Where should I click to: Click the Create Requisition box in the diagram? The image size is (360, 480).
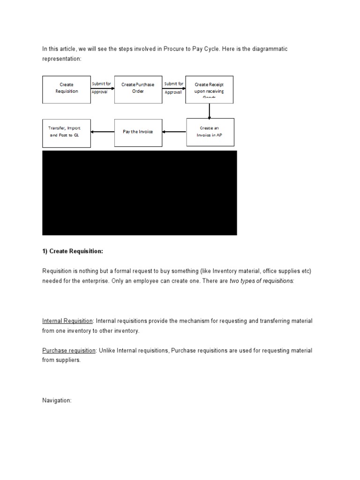[x=67, y=89]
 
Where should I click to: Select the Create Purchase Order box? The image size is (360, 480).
[x=138, y=89]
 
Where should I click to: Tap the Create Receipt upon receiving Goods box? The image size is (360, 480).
[x=209, y=89]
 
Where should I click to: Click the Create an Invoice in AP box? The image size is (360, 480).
[x=210, y=132]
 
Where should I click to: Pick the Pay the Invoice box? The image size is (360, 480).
[x=138, y=132]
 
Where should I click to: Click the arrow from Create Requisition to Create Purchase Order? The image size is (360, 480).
[x=102, y=88]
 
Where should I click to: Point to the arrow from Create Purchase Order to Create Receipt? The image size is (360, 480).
[x=174, y=88]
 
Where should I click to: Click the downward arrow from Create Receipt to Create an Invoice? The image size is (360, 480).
[x=210, y=111]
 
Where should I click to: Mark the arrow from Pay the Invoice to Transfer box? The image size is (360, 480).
[x=103, y=132]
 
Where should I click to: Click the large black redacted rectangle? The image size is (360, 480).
[x=140, y=193]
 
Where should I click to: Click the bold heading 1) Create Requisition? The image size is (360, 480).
[x=72, y=251]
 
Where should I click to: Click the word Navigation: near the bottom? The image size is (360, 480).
[x=57, y=401]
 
